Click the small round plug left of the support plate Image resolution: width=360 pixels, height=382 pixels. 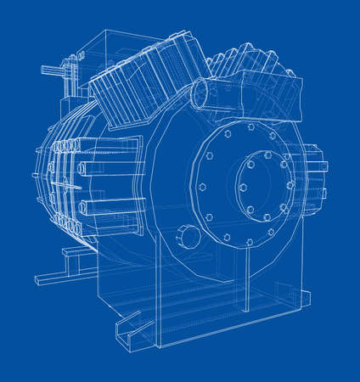point(188,237)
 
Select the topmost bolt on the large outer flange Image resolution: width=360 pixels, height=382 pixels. point(250,126)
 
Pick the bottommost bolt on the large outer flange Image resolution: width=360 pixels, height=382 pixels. point(249,243)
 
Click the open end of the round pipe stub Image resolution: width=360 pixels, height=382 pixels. point(203,93)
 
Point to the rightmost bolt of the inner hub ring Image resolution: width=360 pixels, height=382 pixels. point(290,184)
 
